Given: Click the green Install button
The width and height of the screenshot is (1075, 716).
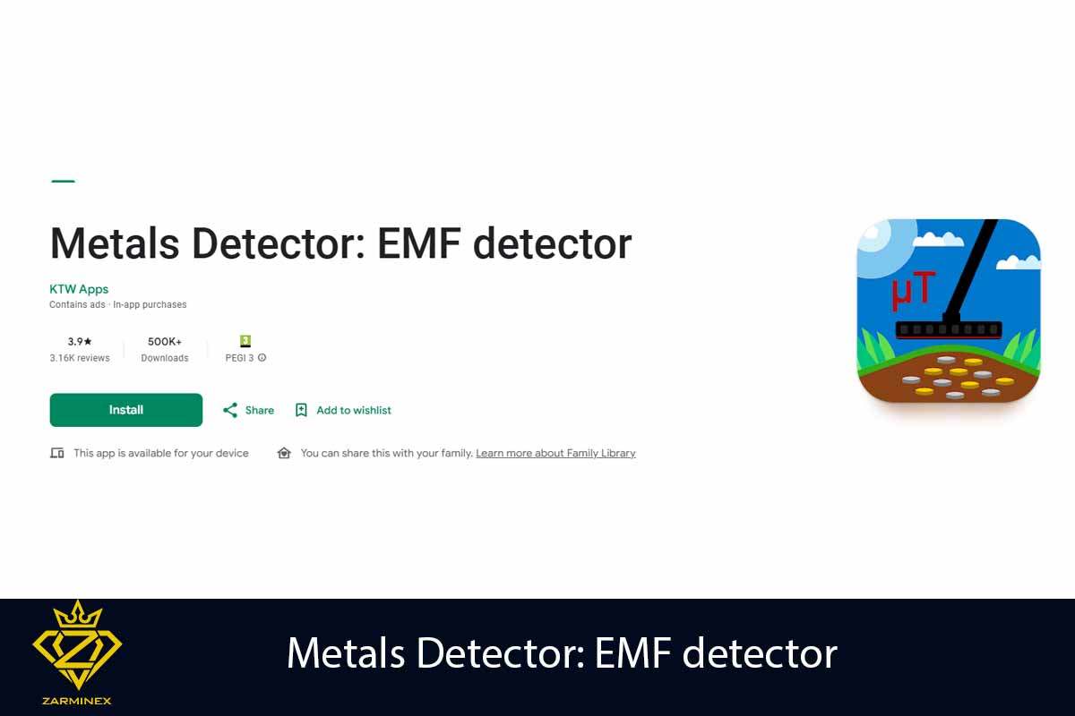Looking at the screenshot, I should click(x=126, y=410).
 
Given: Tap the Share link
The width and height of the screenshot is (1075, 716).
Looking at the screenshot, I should click(x=259, y=410).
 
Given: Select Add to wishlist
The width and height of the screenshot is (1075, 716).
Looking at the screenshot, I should click(x=353, y=410).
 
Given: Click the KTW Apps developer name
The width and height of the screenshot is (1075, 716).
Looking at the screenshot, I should click(x=79, y=289).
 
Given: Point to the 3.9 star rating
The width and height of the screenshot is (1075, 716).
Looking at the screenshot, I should click(x=80, y=341).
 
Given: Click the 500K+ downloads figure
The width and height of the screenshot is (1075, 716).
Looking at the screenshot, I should click(x=165, y=341).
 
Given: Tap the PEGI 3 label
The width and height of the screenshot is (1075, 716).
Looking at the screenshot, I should click(x=240, y=358).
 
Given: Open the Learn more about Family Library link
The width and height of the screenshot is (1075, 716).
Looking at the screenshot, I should click(x=555, y=454).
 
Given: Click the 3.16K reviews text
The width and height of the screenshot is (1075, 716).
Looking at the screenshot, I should click(x=80, y=358).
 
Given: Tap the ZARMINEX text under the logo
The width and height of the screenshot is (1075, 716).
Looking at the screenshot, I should click(x=77, y=701).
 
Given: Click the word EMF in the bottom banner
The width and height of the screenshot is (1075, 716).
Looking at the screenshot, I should click(x=632, y=653).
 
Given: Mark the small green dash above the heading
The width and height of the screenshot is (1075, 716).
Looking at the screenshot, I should click(x=63, y=181).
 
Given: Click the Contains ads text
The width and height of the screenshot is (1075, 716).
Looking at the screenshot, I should click(x=77, y=305).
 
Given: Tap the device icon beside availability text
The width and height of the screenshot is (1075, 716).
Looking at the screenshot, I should click(x=57, y=454).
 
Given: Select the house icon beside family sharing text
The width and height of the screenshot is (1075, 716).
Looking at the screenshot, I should click(x=284, y=454).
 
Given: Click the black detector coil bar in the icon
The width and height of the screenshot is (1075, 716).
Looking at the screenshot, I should click(x=949, y=329).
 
